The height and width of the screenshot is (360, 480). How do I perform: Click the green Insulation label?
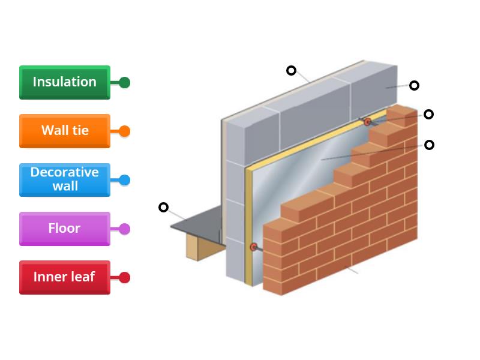[x=64, y=82]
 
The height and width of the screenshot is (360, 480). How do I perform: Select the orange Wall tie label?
[x=64, y=131]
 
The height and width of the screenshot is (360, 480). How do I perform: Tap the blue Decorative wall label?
[x=64, y=179]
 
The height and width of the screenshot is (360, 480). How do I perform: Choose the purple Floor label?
[x=64, y=229]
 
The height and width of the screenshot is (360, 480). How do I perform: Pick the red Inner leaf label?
[x=64, y=277]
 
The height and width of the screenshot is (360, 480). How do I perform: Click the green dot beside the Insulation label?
[x=124, y=83]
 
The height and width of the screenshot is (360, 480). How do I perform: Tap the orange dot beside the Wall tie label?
[x=124, y=131]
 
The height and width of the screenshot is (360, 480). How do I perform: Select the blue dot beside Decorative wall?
[x=124, y=180]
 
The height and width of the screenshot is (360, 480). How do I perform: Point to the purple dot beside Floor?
[x=124, y=229]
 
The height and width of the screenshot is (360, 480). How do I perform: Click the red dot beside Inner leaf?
[x=124, y=278]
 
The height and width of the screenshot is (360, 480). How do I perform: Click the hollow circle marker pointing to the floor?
[x=163, y=208]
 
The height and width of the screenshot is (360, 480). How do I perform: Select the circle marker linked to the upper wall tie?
[x=428, y=114]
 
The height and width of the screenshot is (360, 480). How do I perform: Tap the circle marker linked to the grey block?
[x=414, y=85]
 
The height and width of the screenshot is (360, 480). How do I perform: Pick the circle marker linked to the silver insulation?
[x=429, y=145]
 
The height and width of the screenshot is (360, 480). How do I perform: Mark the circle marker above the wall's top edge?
[x=291, y=70]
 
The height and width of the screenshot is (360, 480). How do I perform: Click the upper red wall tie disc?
[x=368, y=122]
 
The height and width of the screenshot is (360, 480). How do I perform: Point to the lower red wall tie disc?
[x=254, y=247]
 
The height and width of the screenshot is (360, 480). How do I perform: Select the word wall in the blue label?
[x=65, y=187]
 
